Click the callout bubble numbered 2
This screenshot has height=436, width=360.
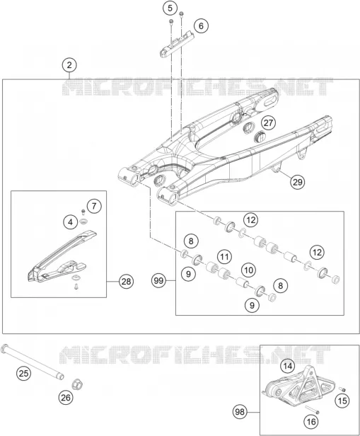(69, 65)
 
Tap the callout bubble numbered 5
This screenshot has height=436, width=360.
(170, 8)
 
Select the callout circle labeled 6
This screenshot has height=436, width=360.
(201, 26)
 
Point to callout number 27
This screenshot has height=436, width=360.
(268, 122)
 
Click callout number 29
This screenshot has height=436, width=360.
(297, 182)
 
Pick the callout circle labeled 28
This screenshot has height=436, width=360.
(126, 282)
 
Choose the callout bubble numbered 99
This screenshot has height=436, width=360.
(159, 281)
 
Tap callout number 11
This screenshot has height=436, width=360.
(224, 256)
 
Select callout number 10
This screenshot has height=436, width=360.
(249, 270)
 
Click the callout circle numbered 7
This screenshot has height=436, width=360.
(94, 206)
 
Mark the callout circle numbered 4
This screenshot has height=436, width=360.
(70, 222)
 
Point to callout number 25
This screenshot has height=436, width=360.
(23, 373)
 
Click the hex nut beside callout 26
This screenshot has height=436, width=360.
(78, 384)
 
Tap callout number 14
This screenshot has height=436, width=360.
(288, 366)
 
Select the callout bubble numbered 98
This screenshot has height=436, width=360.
(240, 411)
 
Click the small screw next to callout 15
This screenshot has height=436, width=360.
(342, 389)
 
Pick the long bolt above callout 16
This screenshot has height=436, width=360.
(312, 410)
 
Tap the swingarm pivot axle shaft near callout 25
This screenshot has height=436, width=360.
(33, 362)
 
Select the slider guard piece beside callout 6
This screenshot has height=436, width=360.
(176, 44)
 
